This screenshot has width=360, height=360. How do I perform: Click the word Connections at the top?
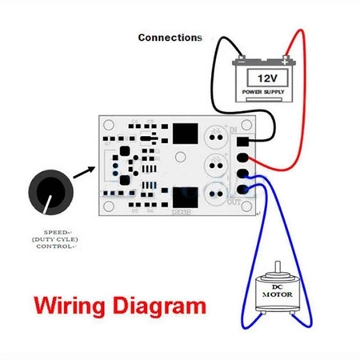tap(170, 38)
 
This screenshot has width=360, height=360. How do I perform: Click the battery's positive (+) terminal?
tap(284, 61)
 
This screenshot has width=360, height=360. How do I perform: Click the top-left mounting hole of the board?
tap(108, 125)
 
